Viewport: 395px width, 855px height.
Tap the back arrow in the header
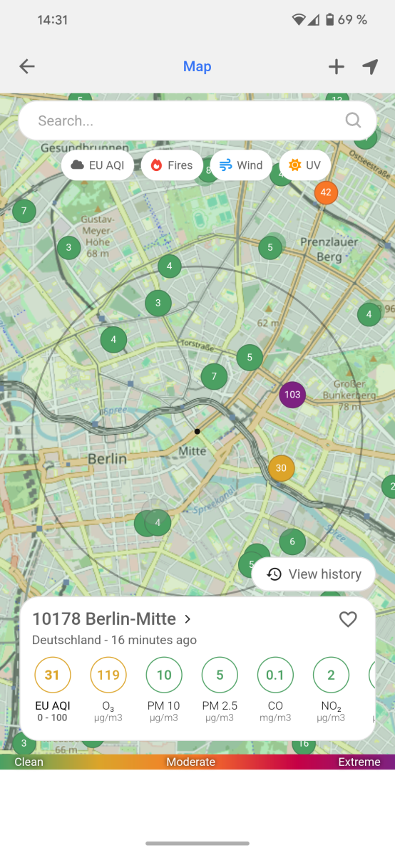tap(27, 66)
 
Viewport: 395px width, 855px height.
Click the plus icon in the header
tap(336, 66)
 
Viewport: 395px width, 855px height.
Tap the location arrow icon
tap(369, 66)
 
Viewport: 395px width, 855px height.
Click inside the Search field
tap(185, 120)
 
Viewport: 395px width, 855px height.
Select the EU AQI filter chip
tap(98, 165)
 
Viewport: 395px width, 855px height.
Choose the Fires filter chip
tap(172, 165)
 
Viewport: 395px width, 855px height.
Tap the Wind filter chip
tap(241, 165)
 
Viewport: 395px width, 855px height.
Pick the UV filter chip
tap(305, 165)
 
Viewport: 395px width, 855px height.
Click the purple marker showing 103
tap(292, 394)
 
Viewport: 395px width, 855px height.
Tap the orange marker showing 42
tap(326, 192)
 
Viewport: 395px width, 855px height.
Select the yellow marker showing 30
tap(281, 468)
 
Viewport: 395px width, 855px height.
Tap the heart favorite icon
tap(348, 619)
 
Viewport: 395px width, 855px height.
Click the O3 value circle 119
tap(108, 675)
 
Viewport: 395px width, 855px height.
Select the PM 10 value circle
tap(164, 675)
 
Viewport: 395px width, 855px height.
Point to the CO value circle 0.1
tap(275, 675)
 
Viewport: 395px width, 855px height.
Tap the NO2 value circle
tap(331, 675)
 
